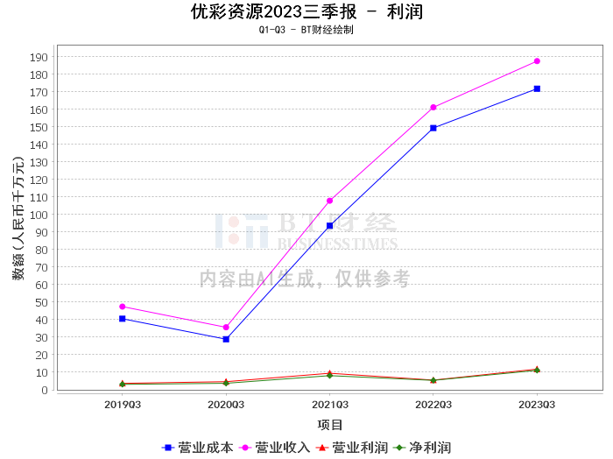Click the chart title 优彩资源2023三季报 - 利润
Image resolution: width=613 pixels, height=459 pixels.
(x=306, y=12)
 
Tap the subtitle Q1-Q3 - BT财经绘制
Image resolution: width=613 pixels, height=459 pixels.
(x=306, y=30)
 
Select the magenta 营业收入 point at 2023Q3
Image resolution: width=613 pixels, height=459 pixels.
(x=537, y=61)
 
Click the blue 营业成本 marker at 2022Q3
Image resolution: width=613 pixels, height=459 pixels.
(x=433, y=128)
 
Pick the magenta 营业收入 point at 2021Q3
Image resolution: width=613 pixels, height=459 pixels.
(x=329, y=201)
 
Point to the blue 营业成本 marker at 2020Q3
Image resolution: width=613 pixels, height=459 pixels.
(x=226, y=339)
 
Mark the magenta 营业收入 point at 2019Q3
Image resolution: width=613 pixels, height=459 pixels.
(x=122, y=307)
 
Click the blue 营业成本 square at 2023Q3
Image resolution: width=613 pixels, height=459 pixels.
(x=537, y=88)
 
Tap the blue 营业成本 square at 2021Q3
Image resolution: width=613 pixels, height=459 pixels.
(x=329, y=226)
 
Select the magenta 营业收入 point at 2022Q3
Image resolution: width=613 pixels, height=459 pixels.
(x=433, y=108)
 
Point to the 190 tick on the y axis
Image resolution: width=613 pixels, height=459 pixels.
(x=39, y=57)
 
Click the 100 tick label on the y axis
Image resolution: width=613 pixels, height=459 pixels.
(x=39, y=215)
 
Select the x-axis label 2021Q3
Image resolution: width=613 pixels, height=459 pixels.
(x=329, y=405)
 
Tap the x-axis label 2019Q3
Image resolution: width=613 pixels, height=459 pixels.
(x=122, y=405)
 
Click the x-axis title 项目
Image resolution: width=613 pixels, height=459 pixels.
(x=330, y=425)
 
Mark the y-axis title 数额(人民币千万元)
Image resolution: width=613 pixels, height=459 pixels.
(x=18, y=218)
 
